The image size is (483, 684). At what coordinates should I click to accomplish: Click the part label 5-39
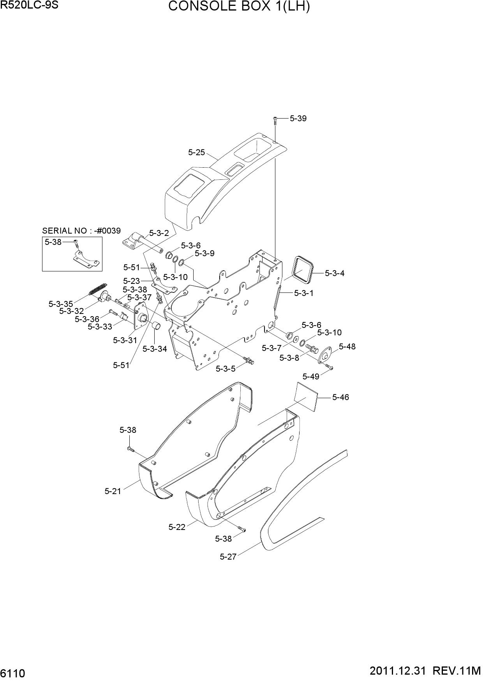[298, 119]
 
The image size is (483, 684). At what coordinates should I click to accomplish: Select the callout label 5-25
[196, 152]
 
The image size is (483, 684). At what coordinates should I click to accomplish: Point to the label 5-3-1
[303, 293]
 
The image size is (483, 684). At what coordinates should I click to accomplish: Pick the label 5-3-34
[155, 349]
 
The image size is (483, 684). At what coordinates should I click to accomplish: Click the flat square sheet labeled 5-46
[306, 397]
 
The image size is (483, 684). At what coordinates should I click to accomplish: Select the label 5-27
[228, 556]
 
